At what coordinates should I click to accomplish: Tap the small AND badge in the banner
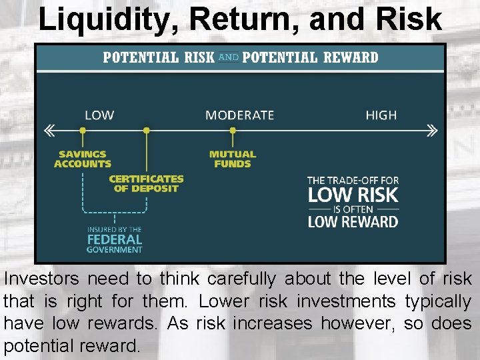click(228, 57)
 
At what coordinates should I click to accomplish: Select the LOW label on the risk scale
click(99, 115)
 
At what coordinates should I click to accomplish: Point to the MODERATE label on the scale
click(239, 115)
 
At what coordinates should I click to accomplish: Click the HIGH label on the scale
click(381, 115)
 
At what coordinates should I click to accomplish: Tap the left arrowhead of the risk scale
click(49, 131)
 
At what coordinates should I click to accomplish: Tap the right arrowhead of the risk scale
click(432, 131)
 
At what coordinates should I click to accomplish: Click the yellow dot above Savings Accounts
click(83, 131)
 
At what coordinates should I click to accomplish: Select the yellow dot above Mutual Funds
click(233, 131)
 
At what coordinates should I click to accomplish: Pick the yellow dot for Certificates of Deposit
click(147, 131)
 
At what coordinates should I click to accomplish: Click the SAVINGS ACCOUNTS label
click(83, 159)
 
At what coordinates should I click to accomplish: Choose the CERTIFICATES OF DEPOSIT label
click(146, 183)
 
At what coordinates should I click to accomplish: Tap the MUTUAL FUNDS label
click(233, 159)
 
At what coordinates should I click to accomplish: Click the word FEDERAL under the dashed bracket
click(115, 239)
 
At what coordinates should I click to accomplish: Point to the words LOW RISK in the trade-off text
click(353, 195)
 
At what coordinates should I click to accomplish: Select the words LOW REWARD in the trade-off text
click(353, 221)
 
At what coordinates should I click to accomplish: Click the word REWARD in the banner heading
click(351, 57)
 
